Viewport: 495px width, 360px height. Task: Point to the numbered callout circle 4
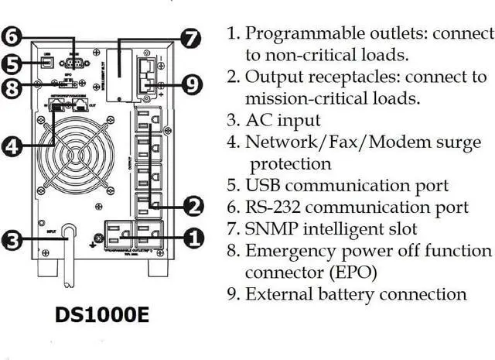tap(12, 146)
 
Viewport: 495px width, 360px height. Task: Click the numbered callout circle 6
tap(12, 35)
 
